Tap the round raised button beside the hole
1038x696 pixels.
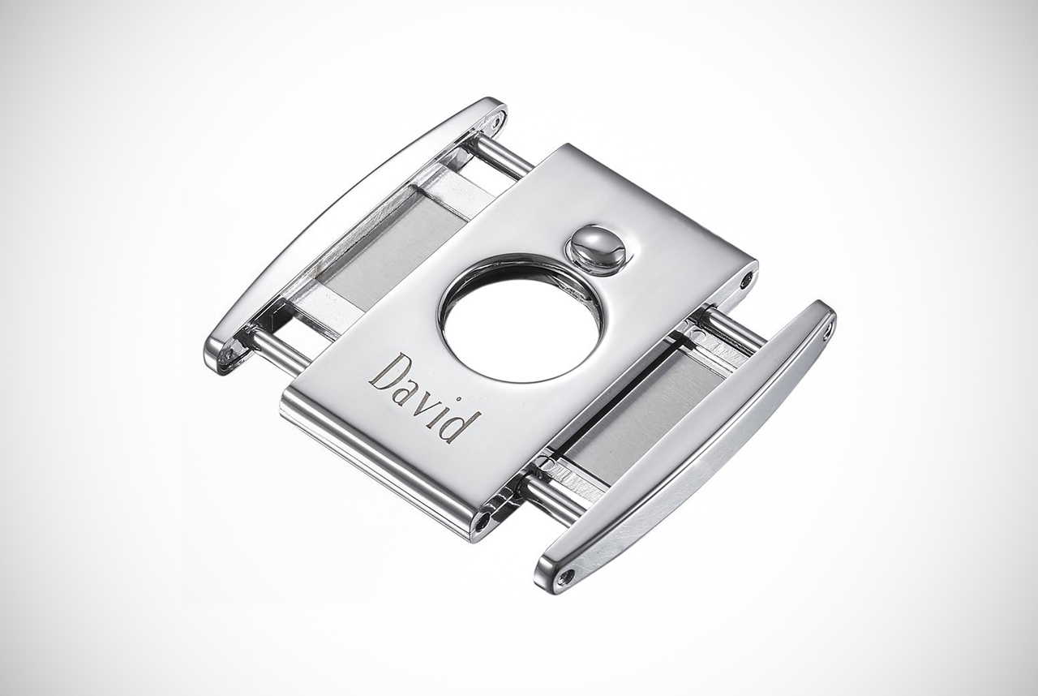click(596, 249)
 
